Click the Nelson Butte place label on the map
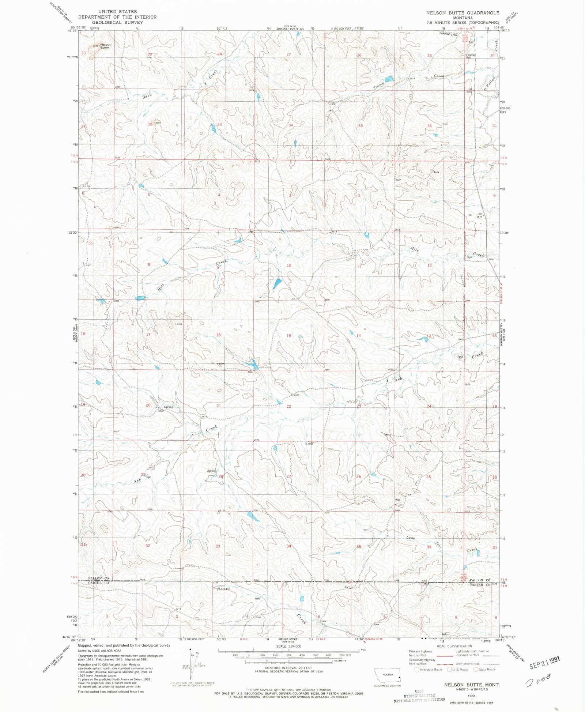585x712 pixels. click(105, 46)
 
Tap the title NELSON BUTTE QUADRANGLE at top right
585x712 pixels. click(463, 13)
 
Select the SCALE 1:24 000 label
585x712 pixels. click(288, 646)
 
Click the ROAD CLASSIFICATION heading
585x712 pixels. click(454, 646)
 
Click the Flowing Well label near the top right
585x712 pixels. click(470, 56)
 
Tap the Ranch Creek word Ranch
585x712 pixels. click(224, 589)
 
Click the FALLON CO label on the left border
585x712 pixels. click(98, 579)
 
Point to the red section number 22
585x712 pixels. click(289, 406)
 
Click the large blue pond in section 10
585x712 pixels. click(277, 283)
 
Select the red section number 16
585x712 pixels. click(218, 335)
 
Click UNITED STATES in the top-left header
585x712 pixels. click(117, 12)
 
